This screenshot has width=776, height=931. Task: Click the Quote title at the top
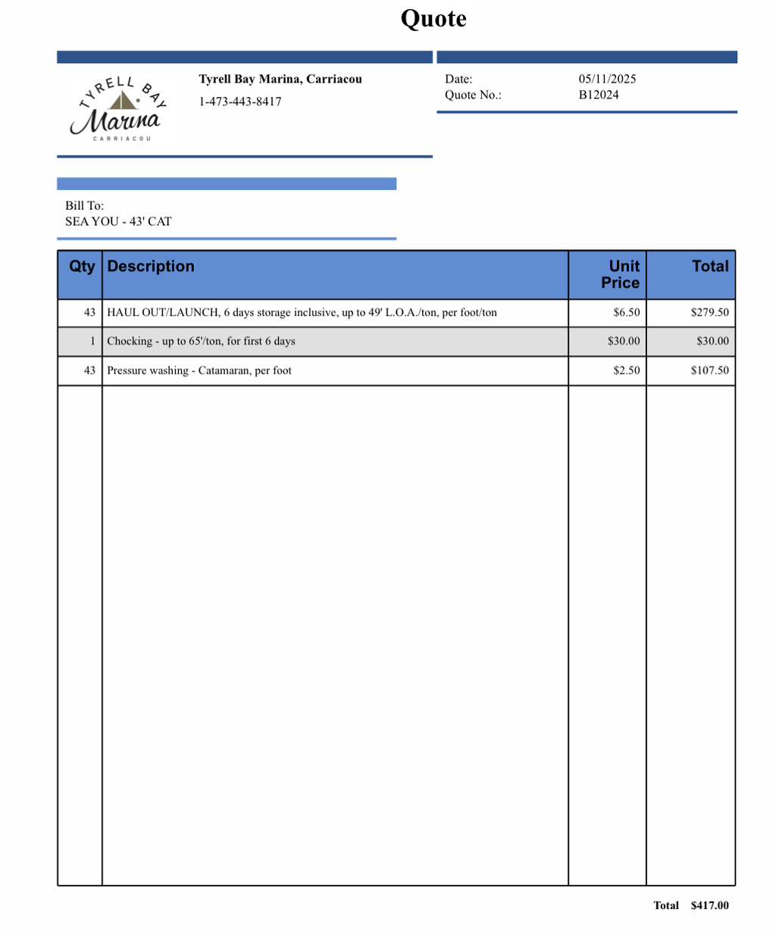pos(433,19)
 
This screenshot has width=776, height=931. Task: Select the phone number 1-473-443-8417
pos(240,102)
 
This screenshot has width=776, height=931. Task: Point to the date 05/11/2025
pos(607,79)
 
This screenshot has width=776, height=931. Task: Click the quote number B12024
pos(599,95)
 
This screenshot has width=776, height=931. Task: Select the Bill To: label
pos(84,205)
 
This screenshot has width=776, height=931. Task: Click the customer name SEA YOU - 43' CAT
pos(118,221)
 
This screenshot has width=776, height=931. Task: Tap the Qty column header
pos(82,267)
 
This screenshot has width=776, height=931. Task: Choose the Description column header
pos(151,267)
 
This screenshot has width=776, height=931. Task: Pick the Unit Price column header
pos(621,274)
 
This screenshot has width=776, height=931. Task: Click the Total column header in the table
pos(709,267)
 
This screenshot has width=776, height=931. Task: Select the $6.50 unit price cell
pos(626,312)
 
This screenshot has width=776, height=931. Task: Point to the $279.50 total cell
pos(709,312)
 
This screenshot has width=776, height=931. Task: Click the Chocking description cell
pos(201,341)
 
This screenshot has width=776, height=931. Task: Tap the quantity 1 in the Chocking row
pos(92,341)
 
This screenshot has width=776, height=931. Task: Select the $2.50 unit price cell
pos(626,370)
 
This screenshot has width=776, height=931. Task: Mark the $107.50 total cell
pos(709,370)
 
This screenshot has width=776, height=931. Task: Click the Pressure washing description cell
pos(199,370)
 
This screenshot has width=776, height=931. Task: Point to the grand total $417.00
pos(709,905)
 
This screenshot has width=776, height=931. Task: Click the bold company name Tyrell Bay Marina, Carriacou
pos(280,79)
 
